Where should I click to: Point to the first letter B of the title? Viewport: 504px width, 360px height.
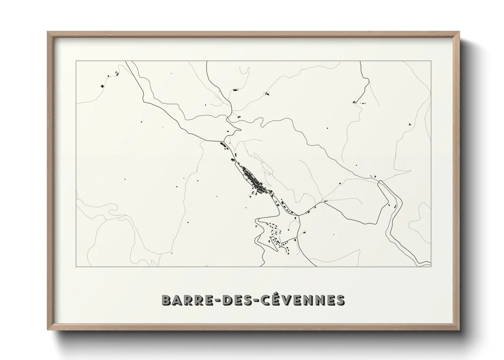coord(167,300)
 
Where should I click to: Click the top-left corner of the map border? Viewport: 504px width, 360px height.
coord(76,61)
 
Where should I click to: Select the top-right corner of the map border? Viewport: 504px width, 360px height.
coord(431,61)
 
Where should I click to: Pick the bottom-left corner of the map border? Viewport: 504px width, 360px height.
coord(76,266)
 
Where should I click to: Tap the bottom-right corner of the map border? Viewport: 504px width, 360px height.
coord(431,266)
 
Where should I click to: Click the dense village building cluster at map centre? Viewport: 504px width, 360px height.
coord(254,180)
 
